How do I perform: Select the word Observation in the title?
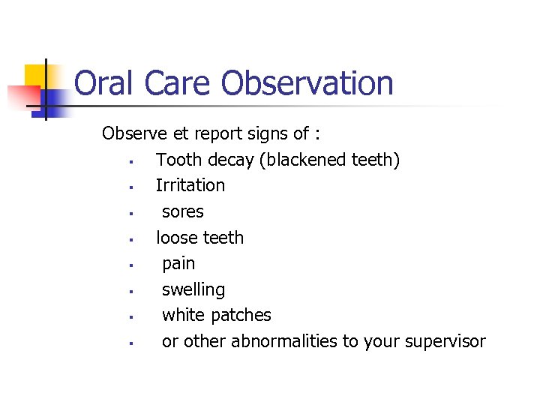[x=309, y=82]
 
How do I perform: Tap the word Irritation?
[x=190, y=185]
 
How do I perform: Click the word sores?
[x=183, y=212]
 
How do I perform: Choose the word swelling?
[x=193, y=290]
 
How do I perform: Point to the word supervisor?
[x=445, y=342]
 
